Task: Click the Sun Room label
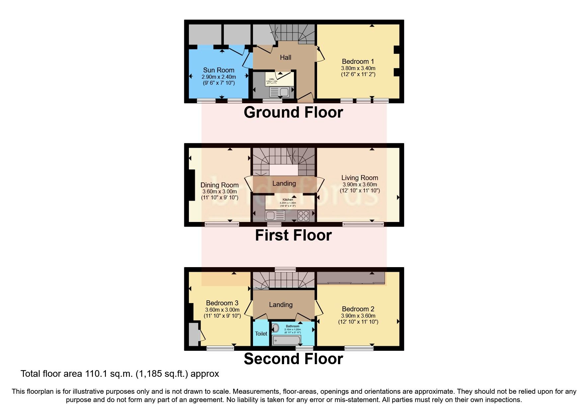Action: (x=218, y=70)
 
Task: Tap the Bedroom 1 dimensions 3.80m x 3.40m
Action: (x=358, y=68)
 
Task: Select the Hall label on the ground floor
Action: (x=285, y=57)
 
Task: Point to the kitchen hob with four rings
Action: (x=303, y=216)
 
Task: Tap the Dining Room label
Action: (x=219, y=185)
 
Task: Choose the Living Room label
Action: (x=360, y=178)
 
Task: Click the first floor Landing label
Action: (x=284, y=183)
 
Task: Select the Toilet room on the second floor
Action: (x=261, y=333)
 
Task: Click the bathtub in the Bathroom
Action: (x=286, y=340)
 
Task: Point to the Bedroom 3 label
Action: (x=222, y=303)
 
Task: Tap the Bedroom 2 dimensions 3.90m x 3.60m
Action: (x=358, y=316)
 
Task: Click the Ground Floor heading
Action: (x=293, y=112)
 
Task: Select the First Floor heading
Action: (x=293, y=235)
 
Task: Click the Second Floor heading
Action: (x=293, y=359)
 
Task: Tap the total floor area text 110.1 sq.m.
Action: (x=120, y=374)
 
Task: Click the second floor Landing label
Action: (x=281, y=305)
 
